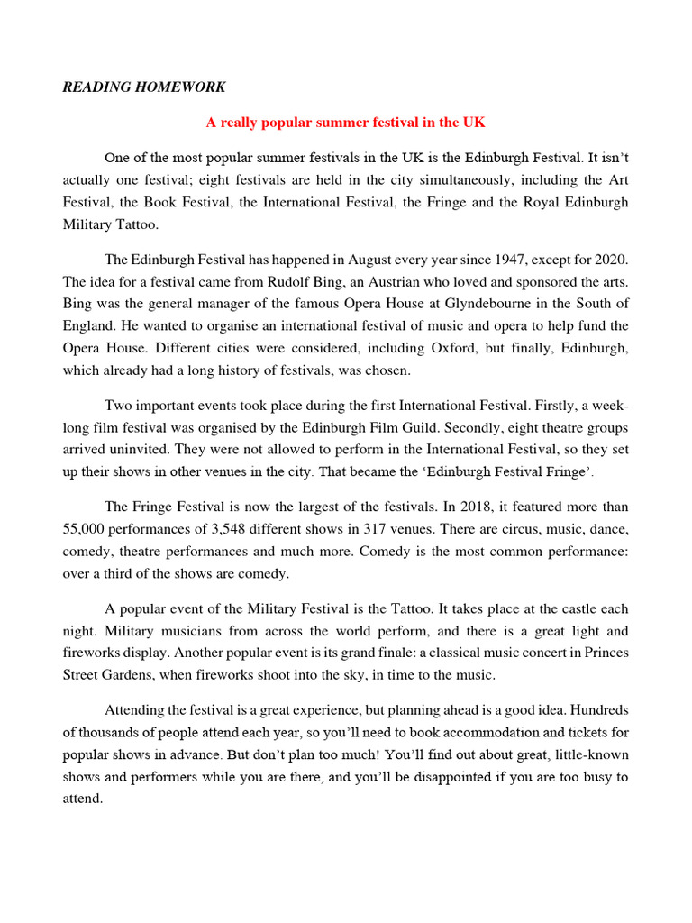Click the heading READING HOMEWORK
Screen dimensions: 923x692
(x=144, y=87)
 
